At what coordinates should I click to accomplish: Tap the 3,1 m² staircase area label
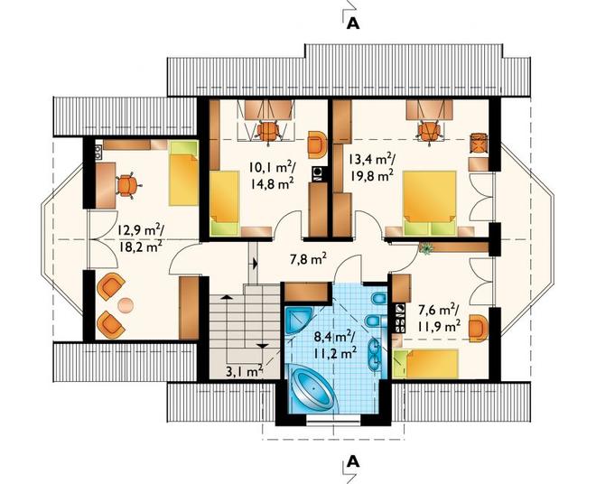(x=245, y=370)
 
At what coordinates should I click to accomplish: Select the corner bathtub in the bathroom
(x=313, y=388)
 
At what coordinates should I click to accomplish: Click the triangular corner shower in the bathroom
(x=299, y=321)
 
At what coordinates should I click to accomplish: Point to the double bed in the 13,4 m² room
(x=430, y=203)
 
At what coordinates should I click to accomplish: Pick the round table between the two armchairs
(x=126, y=305)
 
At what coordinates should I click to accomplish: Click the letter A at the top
(x=353, y=23)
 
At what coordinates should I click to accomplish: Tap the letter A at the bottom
(x=353, y=461)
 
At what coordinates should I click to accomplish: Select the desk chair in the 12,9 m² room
(x=128, y=185)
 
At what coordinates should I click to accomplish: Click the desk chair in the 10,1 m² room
(x=268, y=131)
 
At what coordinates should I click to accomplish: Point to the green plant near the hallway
(x=427, y=248)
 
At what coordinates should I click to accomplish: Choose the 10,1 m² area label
(x=271, y=167)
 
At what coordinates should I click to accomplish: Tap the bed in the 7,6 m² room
(x=425, y=364)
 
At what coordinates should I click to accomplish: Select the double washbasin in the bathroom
(x=374, y=354)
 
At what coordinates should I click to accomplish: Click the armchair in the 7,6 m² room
(x=478, y=328)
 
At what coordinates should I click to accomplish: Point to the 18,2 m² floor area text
(x=140, y=247)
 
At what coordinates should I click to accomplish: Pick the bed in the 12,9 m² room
(x=184, y=173)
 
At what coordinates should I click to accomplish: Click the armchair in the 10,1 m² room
(x=317, y=144)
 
